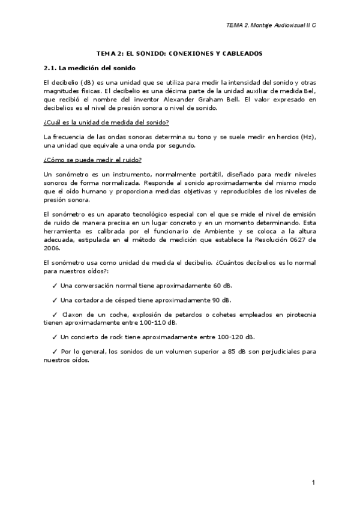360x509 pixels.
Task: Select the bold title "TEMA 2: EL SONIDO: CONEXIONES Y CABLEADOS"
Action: [x=179, y=53]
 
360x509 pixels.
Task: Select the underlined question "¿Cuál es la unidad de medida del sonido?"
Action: [x=106, y=122]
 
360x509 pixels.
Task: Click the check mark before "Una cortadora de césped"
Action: [x=56, y=300]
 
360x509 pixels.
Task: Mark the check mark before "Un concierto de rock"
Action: [x=56, y=337]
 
